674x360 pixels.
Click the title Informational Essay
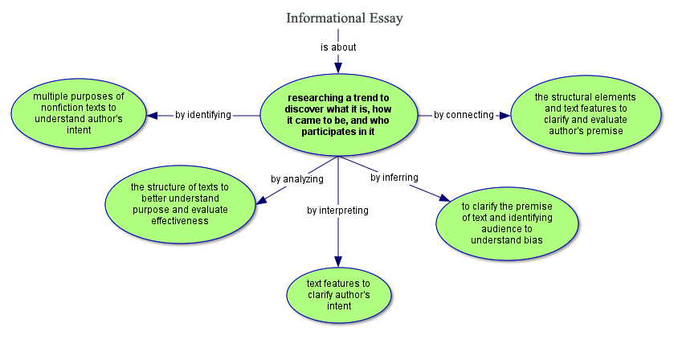pyautogui.click(x=344, y=18)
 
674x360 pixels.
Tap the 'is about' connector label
pyautogui.click(x=338, y=47)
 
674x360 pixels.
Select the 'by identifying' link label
pyautogui.click(x=203, y=115)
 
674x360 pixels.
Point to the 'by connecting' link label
pyautogui.click(x=464, y=115)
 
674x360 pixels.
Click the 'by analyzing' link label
pyautogui.click(x=296, y=178)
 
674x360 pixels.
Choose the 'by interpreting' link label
pyautogui.click(x=337, y=211)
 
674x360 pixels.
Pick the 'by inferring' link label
pyautogui.click(x=394, y=178)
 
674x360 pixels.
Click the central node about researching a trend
pyautogui.click(x=338, y=114)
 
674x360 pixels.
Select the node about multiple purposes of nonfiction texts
pyautogui.click(x=78, y=113)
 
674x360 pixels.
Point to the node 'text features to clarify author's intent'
pyautogui.click(x=338, y=295)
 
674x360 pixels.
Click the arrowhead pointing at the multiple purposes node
pyautogui.click(x=152, y=115)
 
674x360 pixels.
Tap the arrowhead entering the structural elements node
pyautogui.click(x=504, y=115)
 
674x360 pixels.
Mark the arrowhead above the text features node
pyautogui.click(x=338, y=261)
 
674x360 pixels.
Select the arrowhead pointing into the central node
pyautogui.click(x=338, y=67)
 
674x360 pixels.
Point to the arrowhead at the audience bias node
pyautogui.click(x=443, y=198)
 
